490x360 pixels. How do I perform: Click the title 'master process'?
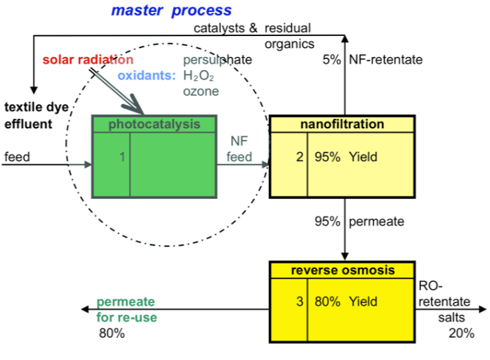click(172, 11)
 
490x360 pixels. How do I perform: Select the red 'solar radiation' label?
click(88, 59)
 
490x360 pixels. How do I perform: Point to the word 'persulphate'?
click(217, 59)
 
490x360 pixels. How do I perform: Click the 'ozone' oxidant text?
click(201, 91)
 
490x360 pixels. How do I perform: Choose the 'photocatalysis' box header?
click(154, 124)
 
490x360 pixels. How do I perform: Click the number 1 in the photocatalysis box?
click(122, 158)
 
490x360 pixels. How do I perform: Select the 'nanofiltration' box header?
click(342, 124)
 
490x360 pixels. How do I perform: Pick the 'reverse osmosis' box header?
click(342, 271)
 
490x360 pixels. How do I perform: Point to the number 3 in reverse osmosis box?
click(300, 301)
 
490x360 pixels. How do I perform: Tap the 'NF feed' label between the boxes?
click(241, 150)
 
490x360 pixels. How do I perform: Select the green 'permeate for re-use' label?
click(127, 310)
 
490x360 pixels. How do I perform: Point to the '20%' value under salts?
click(461, 333)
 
